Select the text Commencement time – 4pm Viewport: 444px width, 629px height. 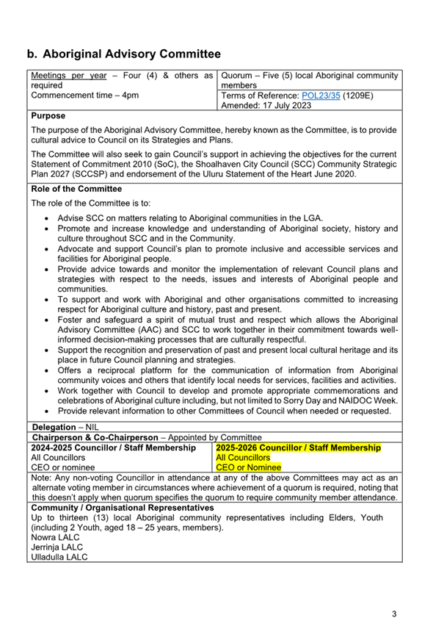click(x=84, y=96)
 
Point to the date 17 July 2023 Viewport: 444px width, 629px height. click(x=285, y=106)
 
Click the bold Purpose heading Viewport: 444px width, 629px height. click(x=48, y=116)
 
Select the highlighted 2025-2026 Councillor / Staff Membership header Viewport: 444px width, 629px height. click(x=298, y=448)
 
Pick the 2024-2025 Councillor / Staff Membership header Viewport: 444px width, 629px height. click(x=113, y=448)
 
